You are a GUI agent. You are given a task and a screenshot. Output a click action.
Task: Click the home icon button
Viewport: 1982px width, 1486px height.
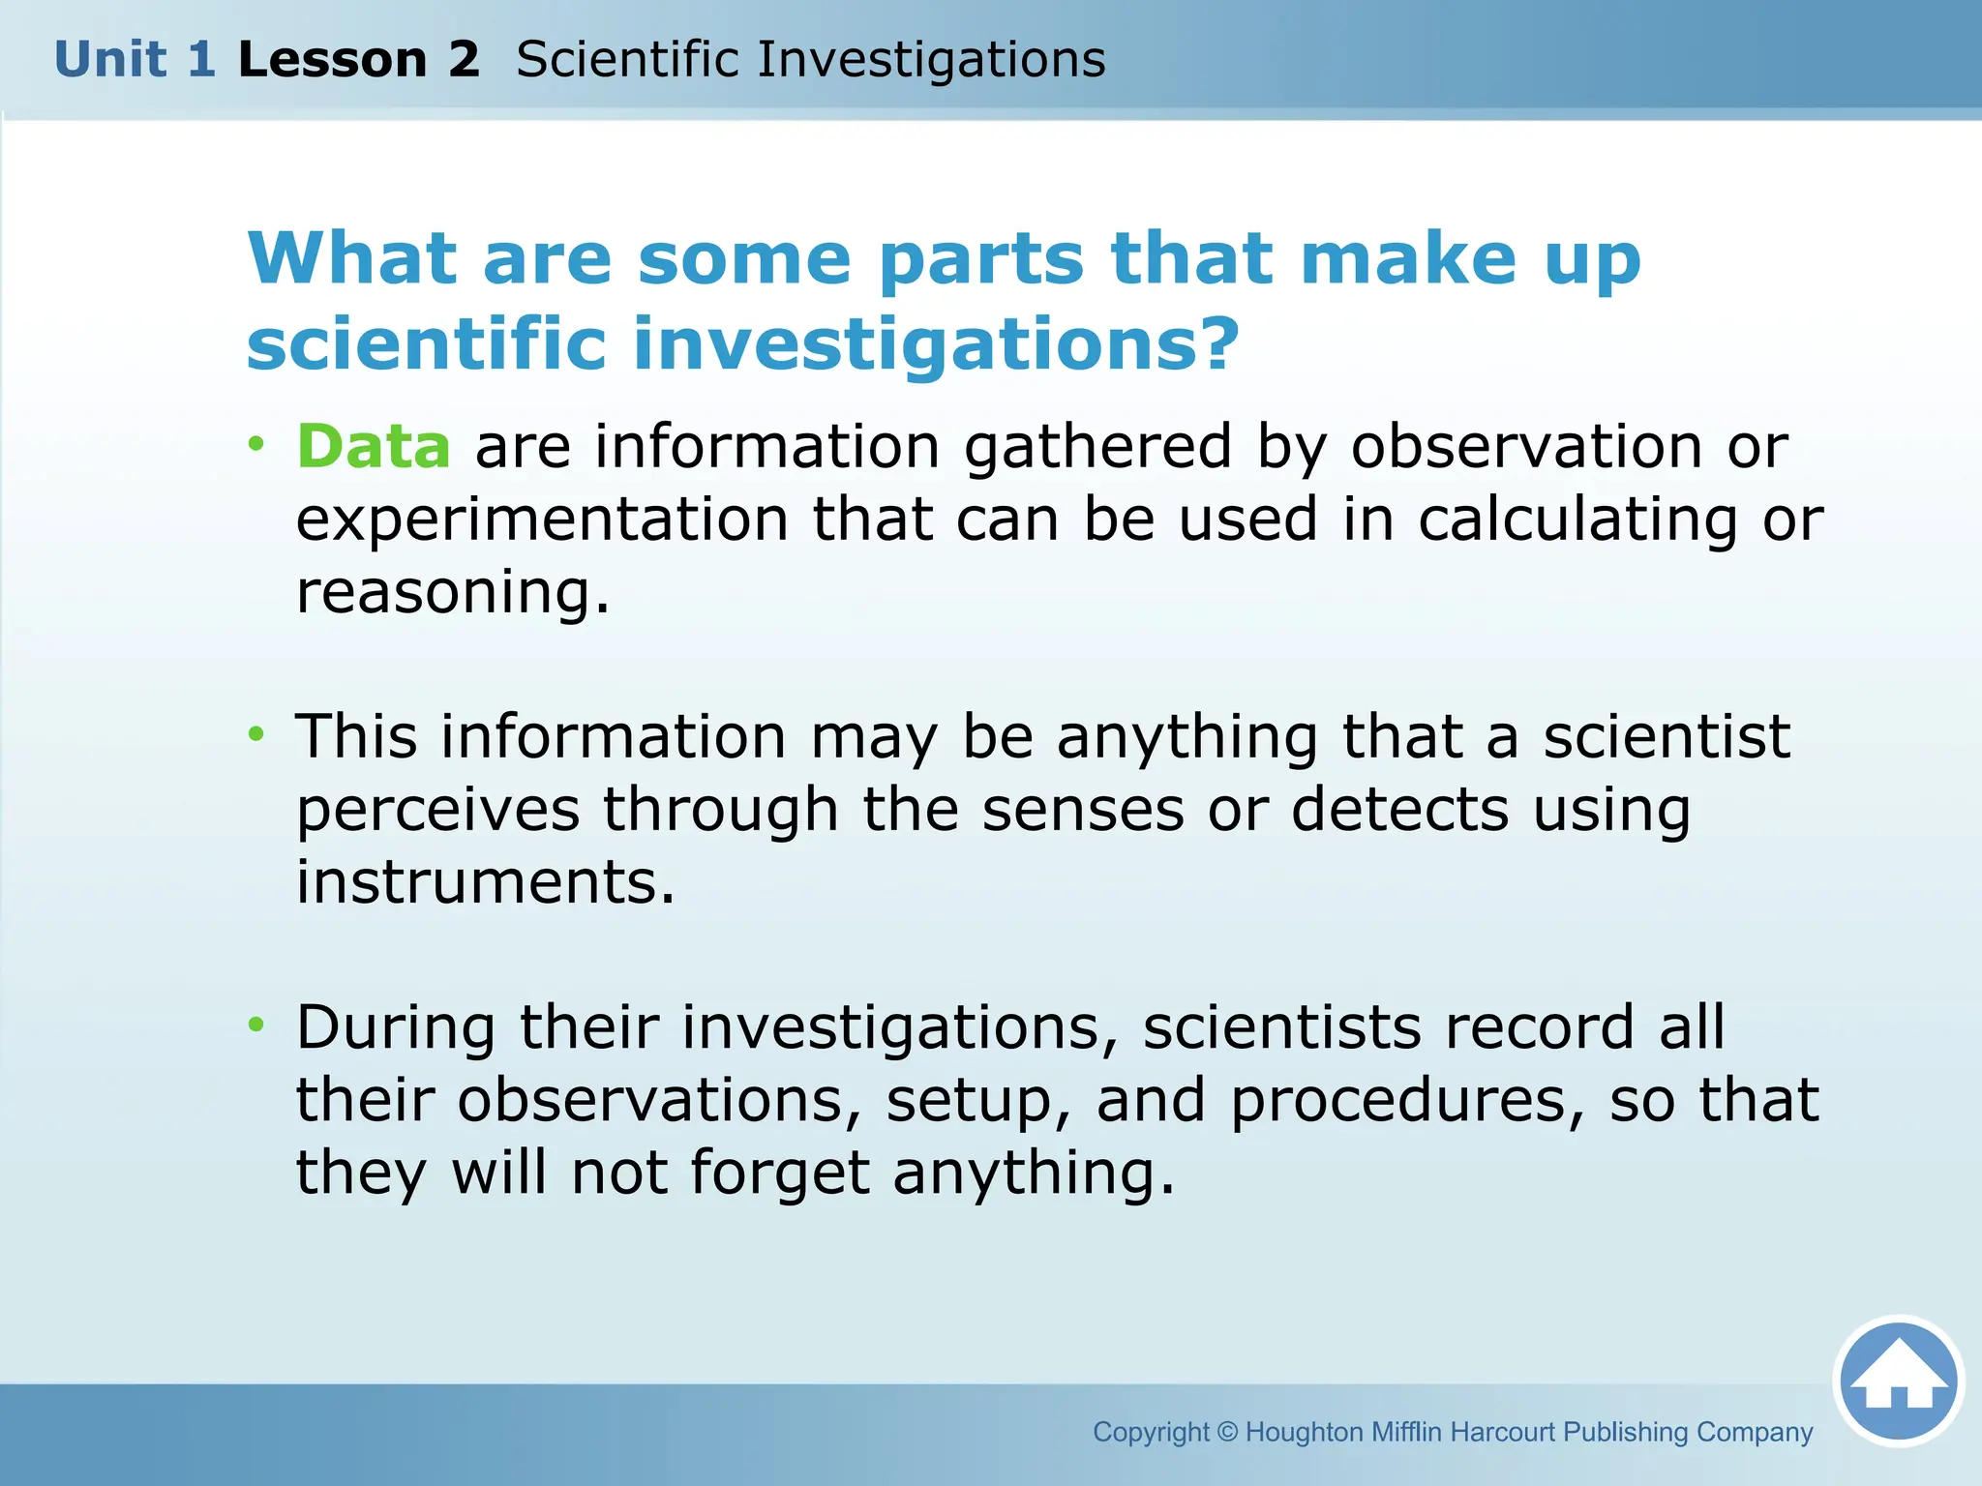[1898, 1381]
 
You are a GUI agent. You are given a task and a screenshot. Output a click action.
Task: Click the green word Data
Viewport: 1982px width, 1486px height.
[374, 447]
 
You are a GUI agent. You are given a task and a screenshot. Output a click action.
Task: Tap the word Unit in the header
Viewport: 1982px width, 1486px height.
[109, 59]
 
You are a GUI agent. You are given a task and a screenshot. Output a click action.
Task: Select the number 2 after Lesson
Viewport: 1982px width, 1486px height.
[464, 59]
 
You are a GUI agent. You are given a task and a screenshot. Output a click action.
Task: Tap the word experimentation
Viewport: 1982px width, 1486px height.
[542, 520]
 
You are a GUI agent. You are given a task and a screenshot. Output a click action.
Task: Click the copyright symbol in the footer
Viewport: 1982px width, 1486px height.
[1227, 1431]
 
